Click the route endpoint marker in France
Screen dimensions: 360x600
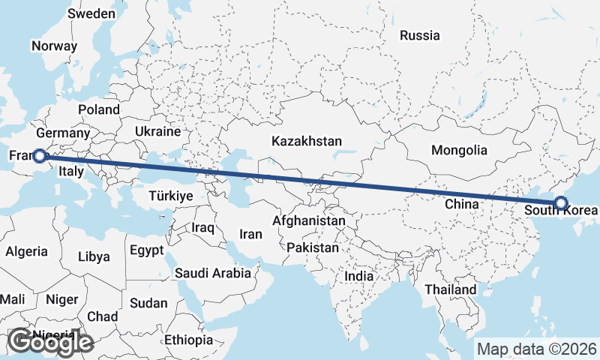point(40,156)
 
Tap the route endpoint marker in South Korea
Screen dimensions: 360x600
point(560,202)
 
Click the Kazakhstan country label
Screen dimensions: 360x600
point(307,141)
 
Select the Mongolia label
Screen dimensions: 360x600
point(459,150)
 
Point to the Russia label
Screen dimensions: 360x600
point(419,35)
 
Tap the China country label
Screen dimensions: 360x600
point(461,203)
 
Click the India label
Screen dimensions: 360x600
point(358,276)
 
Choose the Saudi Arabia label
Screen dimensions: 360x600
point(213,273)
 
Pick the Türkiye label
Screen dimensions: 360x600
point(170,195)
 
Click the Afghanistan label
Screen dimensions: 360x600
point(309,221)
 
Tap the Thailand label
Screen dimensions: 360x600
point(450,289)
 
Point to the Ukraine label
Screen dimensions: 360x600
point(157,131)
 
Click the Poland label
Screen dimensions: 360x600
point(98,109)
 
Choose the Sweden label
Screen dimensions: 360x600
point(91,13)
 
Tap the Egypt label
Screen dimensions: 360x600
point(146,250)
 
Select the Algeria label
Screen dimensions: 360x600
point(26,252)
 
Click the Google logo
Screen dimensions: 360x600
point(50,342)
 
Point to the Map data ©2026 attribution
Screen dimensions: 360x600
point(537,349)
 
